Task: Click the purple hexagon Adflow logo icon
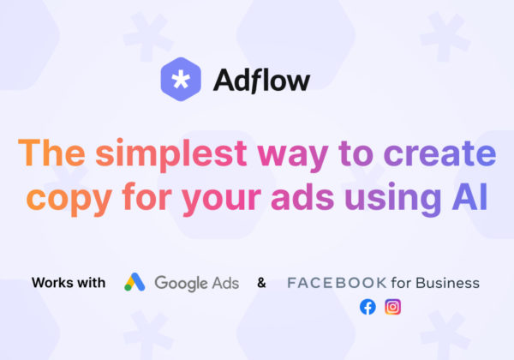tap(181, 80)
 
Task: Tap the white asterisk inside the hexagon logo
tap(181, 80)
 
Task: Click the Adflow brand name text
tap(261, 80)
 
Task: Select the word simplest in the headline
tap(170, 154)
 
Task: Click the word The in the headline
tap(51, 153)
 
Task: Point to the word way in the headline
tap(293, 157)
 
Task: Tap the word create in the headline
tap(439, 153)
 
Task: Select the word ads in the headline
tap(302, 195)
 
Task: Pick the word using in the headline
tap(393, 198)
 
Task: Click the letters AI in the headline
tap(469, 195)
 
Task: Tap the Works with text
tap(69, 283)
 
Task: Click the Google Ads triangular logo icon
tap(134, 282)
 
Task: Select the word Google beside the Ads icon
tap(181, 284)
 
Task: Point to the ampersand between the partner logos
tap(261, 283)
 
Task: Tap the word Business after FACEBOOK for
tap(447, 283)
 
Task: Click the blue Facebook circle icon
tap(368, 307)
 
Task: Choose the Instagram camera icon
tap(392, 307)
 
